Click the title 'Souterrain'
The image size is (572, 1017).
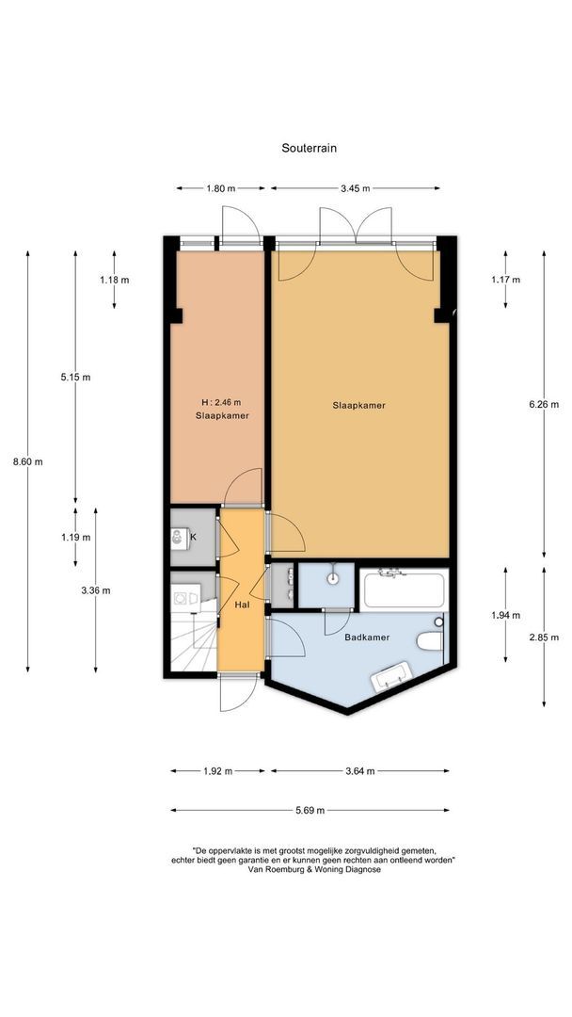coord(309,148)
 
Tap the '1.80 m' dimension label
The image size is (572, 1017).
coord(220,188)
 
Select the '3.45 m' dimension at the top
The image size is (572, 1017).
coord(355,188)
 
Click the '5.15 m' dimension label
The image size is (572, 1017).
coord(76,377)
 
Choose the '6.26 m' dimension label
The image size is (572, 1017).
coord(544,404)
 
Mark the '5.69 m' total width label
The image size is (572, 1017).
coord(309,810)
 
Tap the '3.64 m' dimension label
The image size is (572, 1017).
coord(358,770)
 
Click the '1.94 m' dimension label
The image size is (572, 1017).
coord(505,615)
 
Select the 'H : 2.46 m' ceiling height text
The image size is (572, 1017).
coord(221,402)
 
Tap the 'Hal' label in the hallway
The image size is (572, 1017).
coord(242,605)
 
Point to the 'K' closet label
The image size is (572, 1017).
coord(193,537)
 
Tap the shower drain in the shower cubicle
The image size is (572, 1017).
coord(333,579)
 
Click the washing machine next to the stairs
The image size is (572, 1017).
coord(183,596)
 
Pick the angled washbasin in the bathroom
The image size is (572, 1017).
coord(391,675)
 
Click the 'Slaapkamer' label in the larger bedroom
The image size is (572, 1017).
coord(358,405)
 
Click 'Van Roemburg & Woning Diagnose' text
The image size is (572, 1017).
coord(314,870)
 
